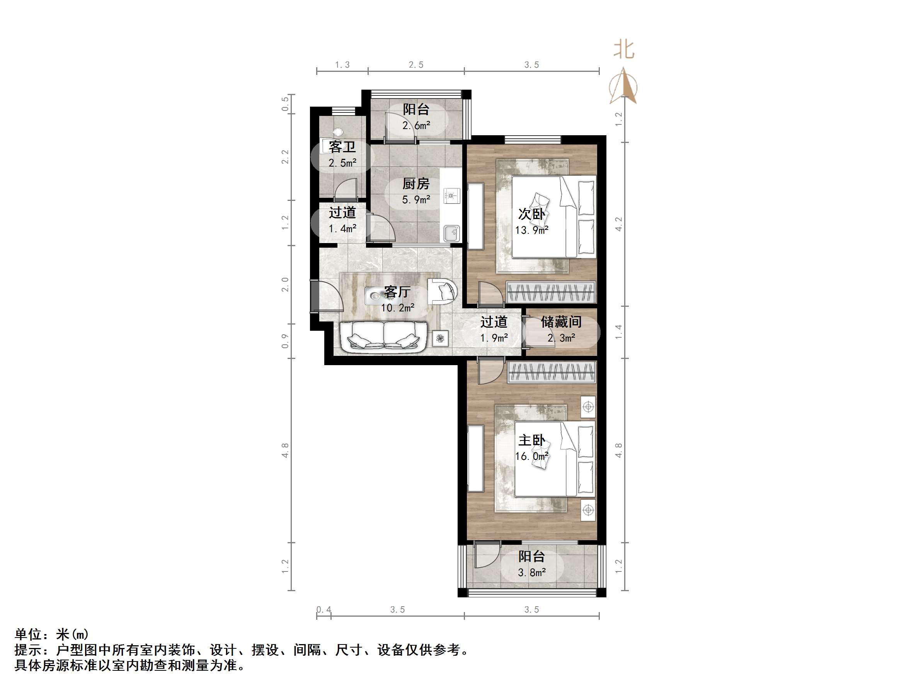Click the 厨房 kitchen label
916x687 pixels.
[x=416, y=184]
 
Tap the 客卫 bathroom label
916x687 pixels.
[x=342, y=146]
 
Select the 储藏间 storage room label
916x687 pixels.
[x=561, y=322]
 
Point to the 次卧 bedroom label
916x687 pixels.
[x=532, y=214]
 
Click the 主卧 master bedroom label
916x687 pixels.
[x=532, y=440]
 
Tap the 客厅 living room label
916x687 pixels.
[x=397, y=291]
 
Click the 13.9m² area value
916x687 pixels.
[x=532, y=230]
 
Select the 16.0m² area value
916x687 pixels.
[x=532, y=456]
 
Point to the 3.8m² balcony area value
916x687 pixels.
[x=532, y=573]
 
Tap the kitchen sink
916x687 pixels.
[x=451, y=233]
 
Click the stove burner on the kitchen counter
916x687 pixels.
[x=451, y=195]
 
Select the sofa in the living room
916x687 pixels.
[x=383, y=337]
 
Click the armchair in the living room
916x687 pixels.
[x=442, y=291]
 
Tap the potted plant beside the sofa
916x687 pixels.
[x=440, y=339]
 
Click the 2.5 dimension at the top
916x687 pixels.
[x=416, y=65]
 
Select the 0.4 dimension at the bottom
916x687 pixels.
[x=324, y=610]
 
